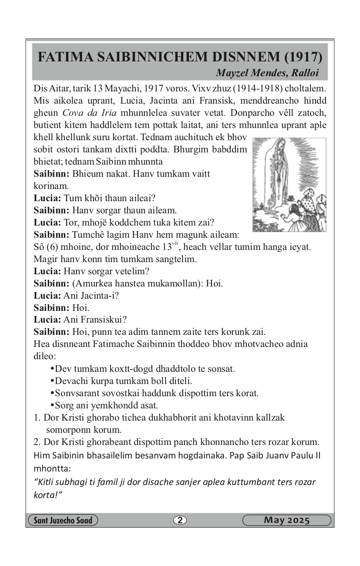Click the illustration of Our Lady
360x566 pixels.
(289, 185)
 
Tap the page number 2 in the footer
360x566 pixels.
(180, 520)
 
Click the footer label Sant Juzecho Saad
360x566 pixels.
(63, 520)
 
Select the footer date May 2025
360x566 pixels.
(286, 520)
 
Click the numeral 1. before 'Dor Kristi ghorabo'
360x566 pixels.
(37, 418)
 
